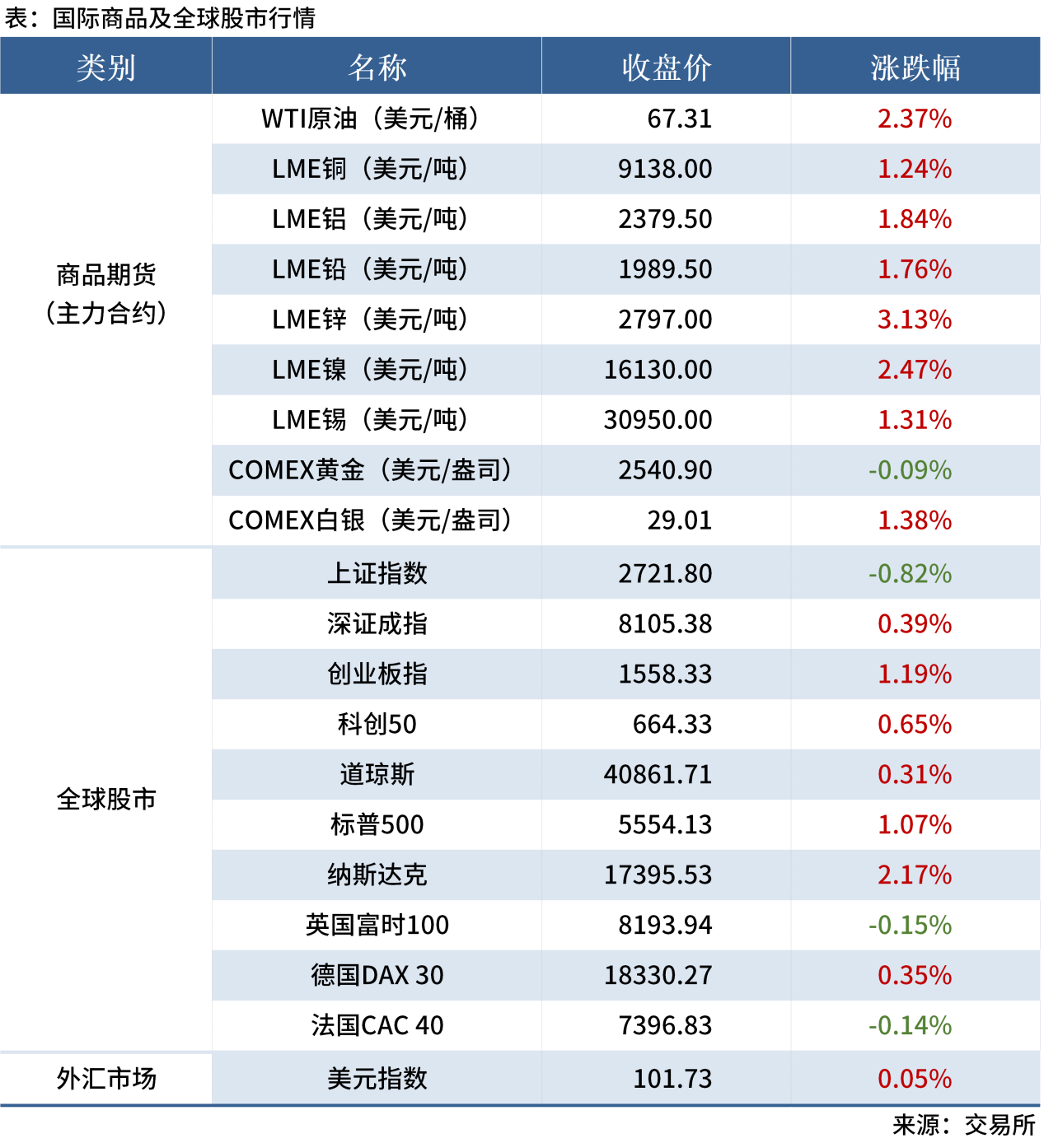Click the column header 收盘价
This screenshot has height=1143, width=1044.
click(666, 68)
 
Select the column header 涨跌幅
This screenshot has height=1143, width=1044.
click(915, 68)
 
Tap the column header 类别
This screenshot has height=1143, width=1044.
click(106, 68)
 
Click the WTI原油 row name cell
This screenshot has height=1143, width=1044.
click(370, 119)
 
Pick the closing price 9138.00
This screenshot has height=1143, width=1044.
click(665, 169)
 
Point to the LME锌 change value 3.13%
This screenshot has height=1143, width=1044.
click(915, 320)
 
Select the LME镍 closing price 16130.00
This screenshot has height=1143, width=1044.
click(658, 370)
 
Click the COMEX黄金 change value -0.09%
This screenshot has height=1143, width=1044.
click(910, 470)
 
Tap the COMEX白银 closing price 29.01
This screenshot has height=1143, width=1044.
click(679, 520)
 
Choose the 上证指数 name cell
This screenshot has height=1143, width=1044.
click(377, 573)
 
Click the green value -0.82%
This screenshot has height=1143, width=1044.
click(910, 573)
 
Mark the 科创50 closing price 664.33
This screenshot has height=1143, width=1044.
click(672, 724)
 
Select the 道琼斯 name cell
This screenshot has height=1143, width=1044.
click(377, 774)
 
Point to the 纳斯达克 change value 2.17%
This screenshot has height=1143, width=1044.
click(915, 875)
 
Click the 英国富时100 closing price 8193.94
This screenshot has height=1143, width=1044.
click(665, 925)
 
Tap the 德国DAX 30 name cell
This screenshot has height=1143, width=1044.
click(377, 975)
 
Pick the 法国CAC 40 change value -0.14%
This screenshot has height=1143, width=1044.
click(910, 1025)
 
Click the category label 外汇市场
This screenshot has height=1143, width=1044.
click(106, 1078)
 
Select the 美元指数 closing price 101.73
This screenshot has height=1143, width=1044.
click(672, 1078)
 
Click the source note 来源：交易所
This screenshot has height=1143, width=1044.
click(963, 1125)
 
